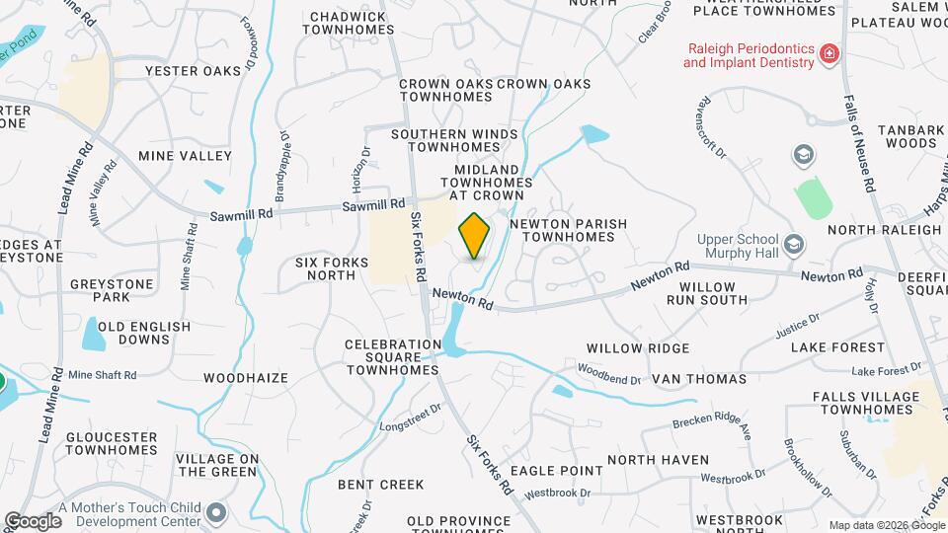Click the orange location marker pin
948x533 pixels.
pos(474,235)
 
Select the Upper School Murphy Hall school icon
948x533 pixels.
pos(793,244)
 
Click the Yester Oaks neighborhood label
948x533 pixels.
pos(193,71)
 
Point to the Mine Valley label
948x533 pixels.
pos(185,156)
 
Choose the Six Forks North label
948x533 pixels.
pos(332,268)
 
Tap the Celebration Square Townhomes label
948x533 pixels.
pos(392,357)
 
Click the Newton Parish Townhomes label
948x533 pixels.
pos(568,231)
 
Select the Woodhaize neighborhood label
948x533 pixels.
pos(245,378)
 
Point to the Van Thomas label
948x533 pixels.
pos(699,379)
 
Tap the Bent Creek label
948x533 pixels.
pos(380,485)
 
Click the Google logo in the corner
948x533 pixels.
pos(33,520)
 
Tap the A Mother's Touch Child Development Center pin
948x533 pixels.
pos(215,513)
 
